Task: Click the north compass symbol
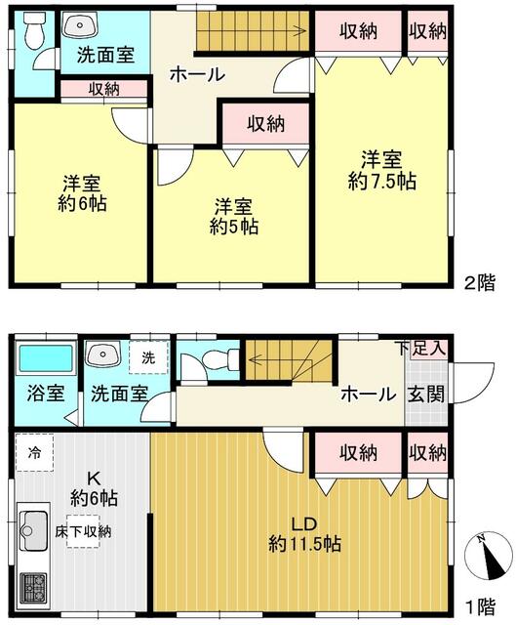(489, 556)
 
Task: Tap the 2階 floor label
(481, 283)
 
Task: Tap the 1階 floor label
(481, 607)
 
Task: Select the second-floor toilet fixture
(34, 30)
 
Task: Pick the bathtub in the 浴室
(46, 358)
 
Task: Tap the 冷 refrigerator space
(35, 453)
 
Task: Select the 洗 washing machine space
(148, 357)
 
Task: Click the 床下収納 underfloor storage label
(83, 531)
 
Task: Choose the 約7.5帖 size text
(381, 182)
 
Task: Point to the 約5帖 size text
(234, 227)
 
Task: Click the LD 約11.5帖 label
(304, 534)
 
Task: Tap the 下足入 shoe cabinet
(426, 350)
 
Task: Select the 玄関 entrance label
(425, 395)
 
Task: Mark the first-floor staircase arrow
(287, 360)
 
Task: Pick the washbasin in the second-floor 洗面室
(80, 24)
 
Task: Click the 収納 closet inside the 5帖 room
(265, 124)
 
